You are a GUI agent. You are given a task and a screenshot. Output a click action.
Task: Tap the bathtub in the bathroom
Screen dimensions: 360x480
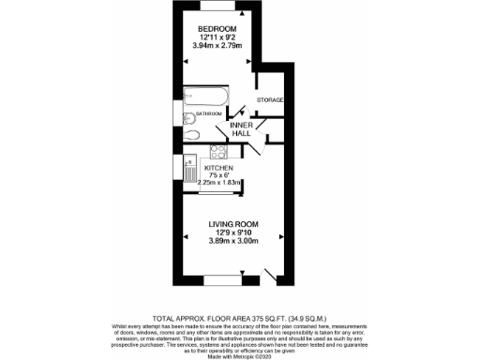coord(202,97)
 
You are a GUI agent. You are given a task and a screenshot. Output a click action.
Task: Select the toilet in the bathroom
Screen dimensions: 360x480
coord(190,116)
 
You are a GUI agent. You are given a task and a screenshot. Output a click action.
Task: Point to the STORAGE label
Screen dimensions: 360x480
coord(270,99)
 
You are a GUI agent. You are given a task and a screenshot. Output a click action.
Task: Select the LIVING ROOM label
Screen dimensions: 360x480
coord(232,225)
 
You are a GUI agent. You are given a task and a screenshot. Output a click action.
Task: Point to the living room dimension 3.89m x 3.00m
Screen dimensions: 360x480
coord(232,242)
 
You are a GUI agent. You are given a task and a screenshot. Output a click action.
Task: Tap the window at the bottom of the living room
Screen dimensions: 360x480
coord(223,280)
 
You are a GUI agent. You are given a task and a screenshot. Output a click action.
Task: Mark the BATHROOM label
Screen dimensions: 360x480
coord(208,112)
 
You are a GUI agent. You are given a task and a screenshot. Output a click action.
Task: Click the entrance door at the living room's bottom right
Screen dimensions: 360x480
coord(272,276)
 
